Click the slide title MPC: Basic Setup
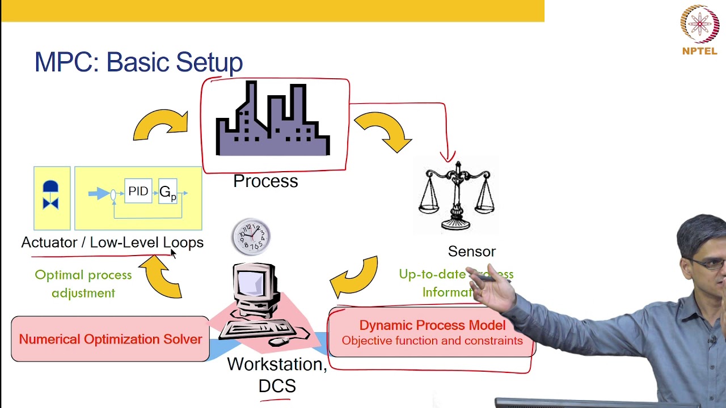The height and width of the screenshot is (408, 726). pos(138,62)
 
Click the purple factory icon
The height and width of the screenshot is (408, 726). pos(273,122)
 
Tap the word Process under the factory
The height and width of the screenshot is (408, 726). pos(265,181)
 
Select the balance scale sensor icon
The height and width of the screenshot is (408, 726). pos(456,195)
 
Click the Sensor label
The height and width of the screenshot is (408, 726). pos(471,252)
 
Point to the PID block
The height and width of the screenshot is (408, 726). pos(138,192)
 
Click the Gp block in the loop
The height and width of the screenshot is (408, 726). pos(167,192)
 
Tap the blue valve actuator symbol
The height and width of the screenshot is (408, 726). pos(51,195)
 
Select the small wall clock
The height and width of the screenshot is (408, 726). pos(251,236)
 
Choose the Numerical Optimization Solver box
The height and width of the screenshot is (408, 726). pos(110,339)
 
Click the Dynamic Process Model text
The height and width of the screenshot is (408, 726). pos(432,325)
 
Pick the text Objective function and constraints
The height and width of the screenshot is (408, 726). pos(432,341)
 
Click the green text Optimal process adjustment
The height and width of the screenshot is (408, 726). pos(83,284)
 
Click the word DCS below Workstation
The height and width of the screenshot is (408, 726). pos(277,386)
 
